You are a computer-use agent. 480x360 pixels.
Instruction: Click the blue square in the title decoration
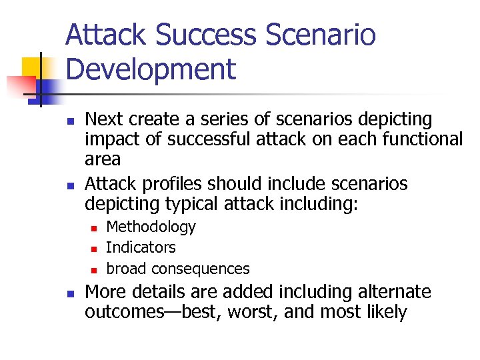48,87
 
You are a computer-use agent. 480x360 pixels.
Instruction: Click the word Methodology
151,227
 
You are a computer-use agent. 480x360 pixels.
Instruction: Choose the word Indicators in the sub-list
141,247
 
